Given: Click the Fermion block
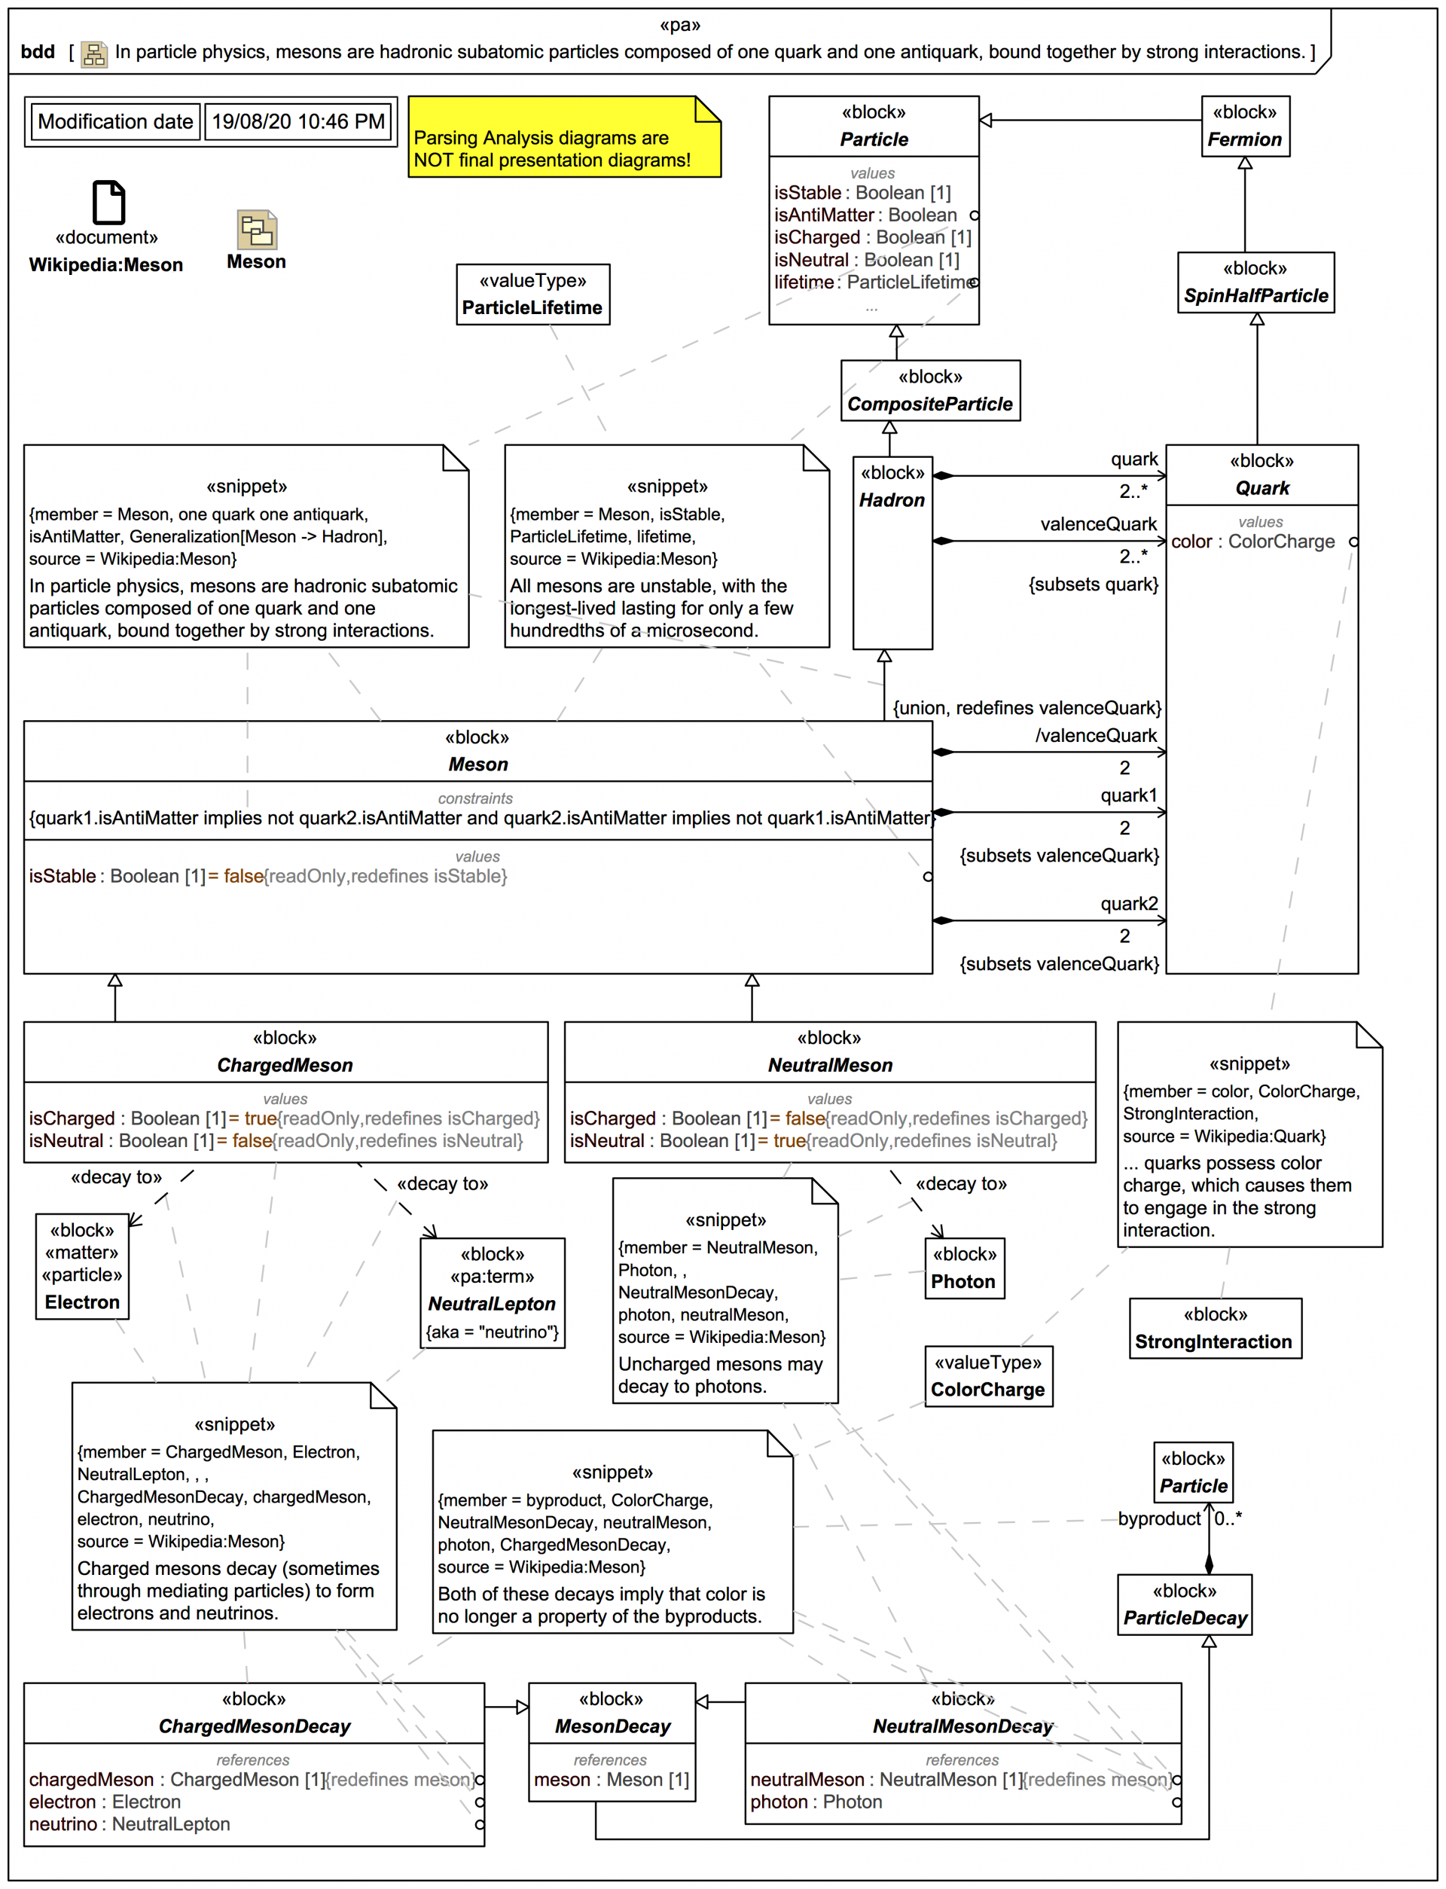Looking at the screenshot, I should (x=1245, y=127).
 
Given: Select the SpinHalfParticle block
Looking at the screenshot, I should (x=1255, y=283).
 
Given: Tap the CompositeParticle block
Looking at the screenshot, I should (x=929, y=391).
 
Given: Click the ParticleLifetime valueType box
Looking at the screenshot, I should (x=532, y=295).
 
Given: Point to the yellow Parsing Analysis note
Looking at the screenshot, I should (x=564, y=138).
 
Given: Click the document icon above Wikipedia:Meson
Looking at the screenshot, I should (x=108, y=203).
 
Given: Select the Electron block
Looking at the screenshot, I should (x=83, y=1266).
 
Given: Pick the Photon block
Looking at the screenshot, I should (x=963, y=1268).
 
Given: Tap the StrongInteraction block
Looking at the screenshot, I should (x=1215, y=1329).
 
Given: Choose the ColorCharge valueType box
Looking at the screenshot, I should (x=988, y=1377).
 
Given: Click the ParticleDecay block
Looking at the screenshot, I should (x=1185, y=1605).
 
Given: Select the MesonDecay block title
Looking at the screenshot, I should (x=612, y=1726).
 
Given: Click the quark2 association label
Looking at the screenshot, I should (x=1128, y=904).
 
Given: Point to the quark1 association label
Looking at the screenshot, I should (x=1128, y=795).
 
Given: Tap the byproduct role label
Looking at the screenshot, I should (x=1158, y=1519).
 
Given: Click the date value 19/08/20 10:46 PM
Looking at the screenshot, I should (x=297, y=121).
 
